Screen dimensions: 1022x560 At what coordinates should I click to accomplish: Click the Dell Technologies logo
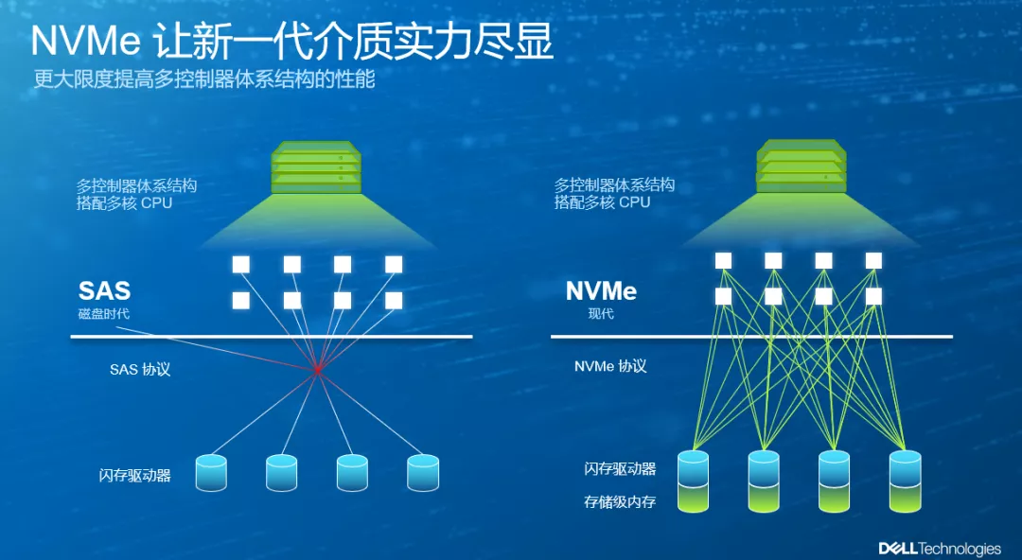tap(940, 549)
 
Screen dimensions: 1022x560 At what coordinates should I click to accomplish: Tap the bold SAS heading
tap(104, 290)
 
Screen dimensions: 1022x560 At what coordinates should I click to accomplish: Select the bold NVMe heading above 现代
tap(601, 290)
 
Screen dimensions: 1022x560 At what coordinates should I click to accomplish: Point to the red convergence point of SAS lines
tap(317, 370)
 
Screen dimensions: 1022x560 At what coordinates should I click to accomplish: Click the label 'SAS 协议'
tap(140, 370)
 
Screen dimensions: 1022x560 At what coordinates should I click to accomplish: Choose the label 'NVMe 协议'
tap(610, 366)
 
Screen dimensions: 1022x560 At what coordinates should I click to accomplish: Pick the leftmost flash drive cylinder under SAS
tap(211, 473)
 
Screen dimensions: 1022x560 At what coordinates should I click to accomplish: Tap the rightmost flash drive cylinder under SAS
tap(423, 473)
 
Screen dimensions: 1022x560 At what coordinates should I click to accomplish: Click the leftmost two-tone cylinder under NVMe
tap(693, 481)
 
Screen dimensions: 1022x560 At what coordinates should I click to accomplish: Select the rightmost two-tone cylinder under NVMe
tap(905, 481)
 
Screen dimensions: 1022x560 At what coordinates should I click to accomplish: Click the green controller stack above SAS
tap(316, 167)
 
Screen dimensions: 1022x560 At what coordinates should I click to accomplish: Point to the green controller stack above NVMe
tap(802, 166)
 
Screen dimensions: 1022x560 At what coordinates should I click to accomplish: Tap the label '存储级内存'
tap(620, 502)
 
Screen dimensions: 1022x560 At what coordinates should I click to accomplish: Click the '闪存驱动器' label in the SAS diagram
tap(135, 475)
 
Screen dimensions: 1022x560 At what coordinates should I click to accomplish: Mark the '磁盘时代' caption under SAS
tap(104, 313)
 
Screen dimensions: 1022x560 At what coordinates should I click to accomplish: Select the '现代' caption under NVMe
tap(601, 313)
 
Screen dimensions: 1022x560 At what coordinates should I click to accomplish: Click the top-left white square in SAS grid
tap(241, 264)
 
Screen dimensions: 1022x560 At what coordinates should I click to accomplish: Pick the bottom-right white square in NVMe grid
tap(874, 297)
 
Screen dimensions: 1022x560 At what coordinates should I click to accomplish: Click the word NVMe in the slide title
tap(85, 41)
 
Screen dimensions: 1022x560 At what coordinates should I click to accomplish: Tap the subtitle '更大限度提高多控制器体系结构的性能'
tap(204, 79)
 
